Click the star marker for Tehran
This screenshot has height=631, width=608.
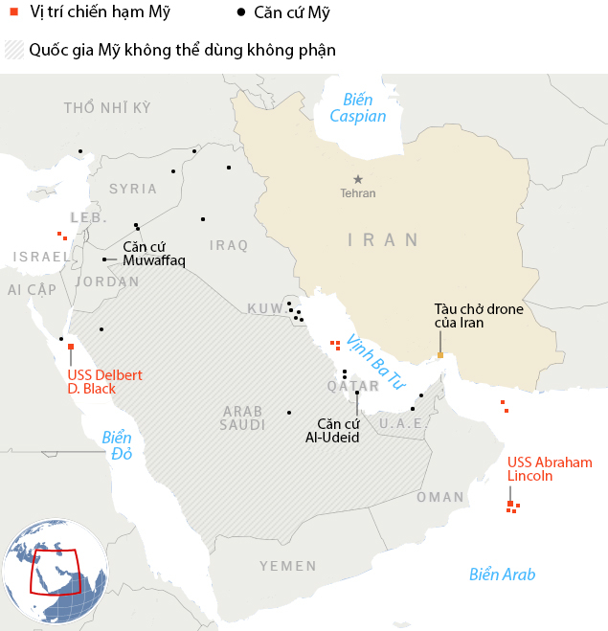(358, 179)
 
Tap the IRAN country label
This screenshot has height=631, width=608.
(383, 239)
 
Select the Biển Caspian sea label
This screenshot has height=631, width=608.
(357, 108)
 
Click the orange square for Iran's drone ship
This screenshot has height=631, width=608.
(440, 355)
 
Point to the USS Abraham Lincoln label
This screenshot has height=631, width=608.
(550, 468)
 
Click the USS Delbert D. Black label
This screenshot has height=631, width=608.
(104, 382)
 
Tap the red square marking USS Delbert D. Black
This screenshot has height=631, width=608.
(71, 347)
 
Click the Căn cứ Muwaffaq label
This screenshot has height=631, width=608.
(153, 254)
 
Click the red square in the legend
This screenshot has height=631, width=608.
(13, 12)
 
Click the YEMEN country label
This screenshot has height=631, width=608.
(287, 567)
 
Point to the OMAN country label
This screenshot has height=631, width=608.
(440, 497)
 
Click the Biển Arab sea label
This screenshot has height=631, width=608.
(502, 575)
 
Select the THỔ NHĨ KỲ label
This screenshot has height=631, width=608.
(107, 107)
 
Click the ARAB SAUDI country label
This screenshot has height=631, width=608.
(243, 417)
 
